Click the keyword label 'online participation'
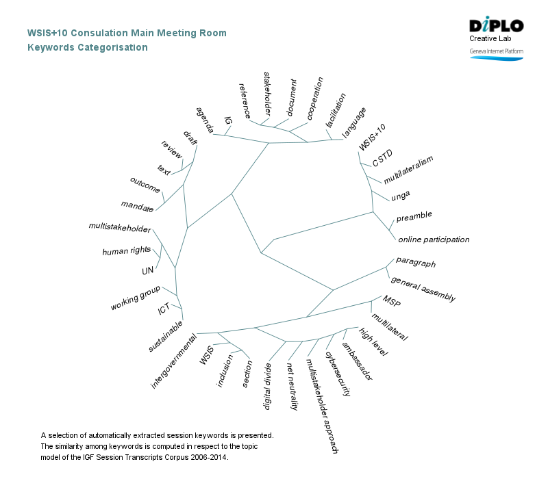(434, 239)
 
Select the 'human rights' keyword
(125, 252)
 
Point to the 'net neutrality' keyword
(292, 387)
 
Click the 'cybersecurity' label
(338, 374)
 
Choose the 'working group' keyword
(135, 299)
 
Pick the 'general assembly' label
(423, 288)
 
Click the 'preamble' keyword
(414, 216)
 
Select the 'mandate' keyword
(137, 205)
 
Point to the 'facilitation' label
(336, 109)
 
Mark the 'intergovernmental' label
(174, 361)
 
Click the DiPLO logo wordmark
(496, 26)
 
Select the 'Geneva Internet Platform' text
(496, 52)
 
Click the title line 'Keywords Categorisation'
(87, 47)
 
